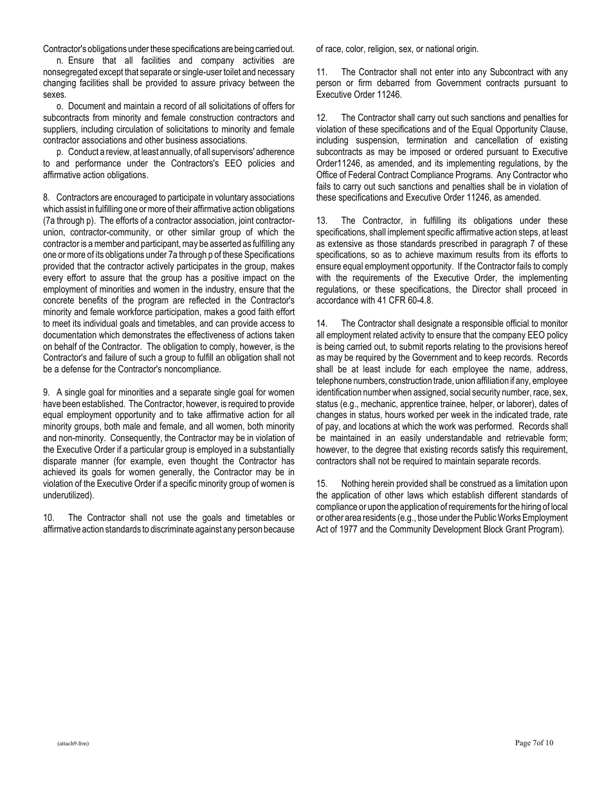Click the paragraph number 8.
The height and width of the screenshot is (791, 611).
click(46, 197)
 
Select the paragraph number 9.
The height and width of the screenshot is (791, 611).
click(46, 392)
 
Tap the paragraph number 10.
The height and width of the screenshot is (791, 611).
click(48, 518)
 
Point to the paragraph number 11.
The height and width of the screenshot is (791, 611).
click(322, 72)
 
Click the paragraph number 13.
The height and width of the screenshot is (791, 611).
click(322, 221)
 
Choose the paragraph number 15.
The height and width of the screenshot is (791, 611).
click(322, 484)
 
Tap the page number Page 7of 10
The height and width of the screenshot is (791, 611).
click(534, 743)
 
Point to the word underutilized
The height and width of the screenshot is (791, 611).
click(68, 495)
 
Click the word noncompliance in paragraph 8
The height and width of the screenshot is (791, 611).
click(190, 369)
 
